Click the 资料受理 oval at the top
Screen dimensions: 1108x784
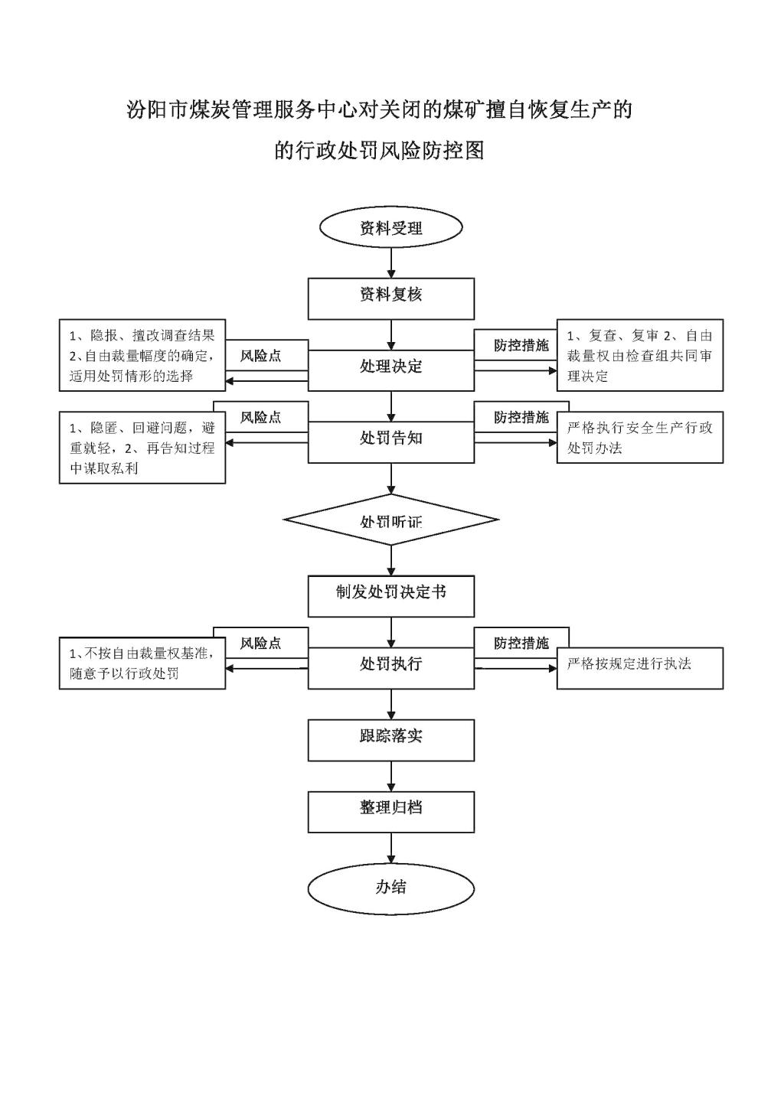[x=391, y=228]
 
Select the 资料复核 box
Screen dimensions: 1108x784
[x=391, y=298]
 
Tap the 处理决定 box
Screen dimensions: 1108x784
[x=391, y=370]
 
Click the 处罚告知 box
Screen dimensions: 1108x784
[x=391, y=442]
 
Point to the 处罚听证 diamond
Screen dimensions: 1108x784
[x=391, y=520]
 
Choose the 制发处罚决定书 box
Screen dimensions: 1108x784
[x=391, y=595]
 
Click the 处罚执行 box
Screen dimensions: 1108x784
[x=391, y=667]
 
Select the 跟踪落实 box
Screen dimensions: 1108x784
[x=391, y=739]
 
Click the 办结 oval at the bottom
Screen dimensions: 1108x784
[x=391, y=888]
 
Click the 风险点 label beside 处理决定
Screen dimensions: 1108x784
[x=260, y=356]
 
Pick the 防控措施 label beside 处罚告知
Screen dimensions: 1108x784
[x=521, y=417]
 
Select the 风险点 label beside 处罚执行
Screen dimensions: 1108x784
[x=260, y=644]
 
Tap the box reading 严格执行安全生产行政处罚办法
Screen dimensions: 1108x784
[x=639, y=438]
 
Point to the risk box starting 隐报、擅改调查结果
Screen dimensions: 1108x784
[x=142, y=355]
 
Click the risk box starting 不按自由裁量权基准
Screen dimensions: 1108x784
[x=142, y=663]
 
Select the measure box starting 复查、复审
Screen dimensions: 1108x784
[x=639, y=355]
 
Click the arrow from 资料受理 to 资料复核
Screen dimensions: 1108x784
[x=392, y=262]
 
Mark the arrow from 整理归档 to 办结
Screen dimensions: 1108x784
[x=392, y=849]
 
